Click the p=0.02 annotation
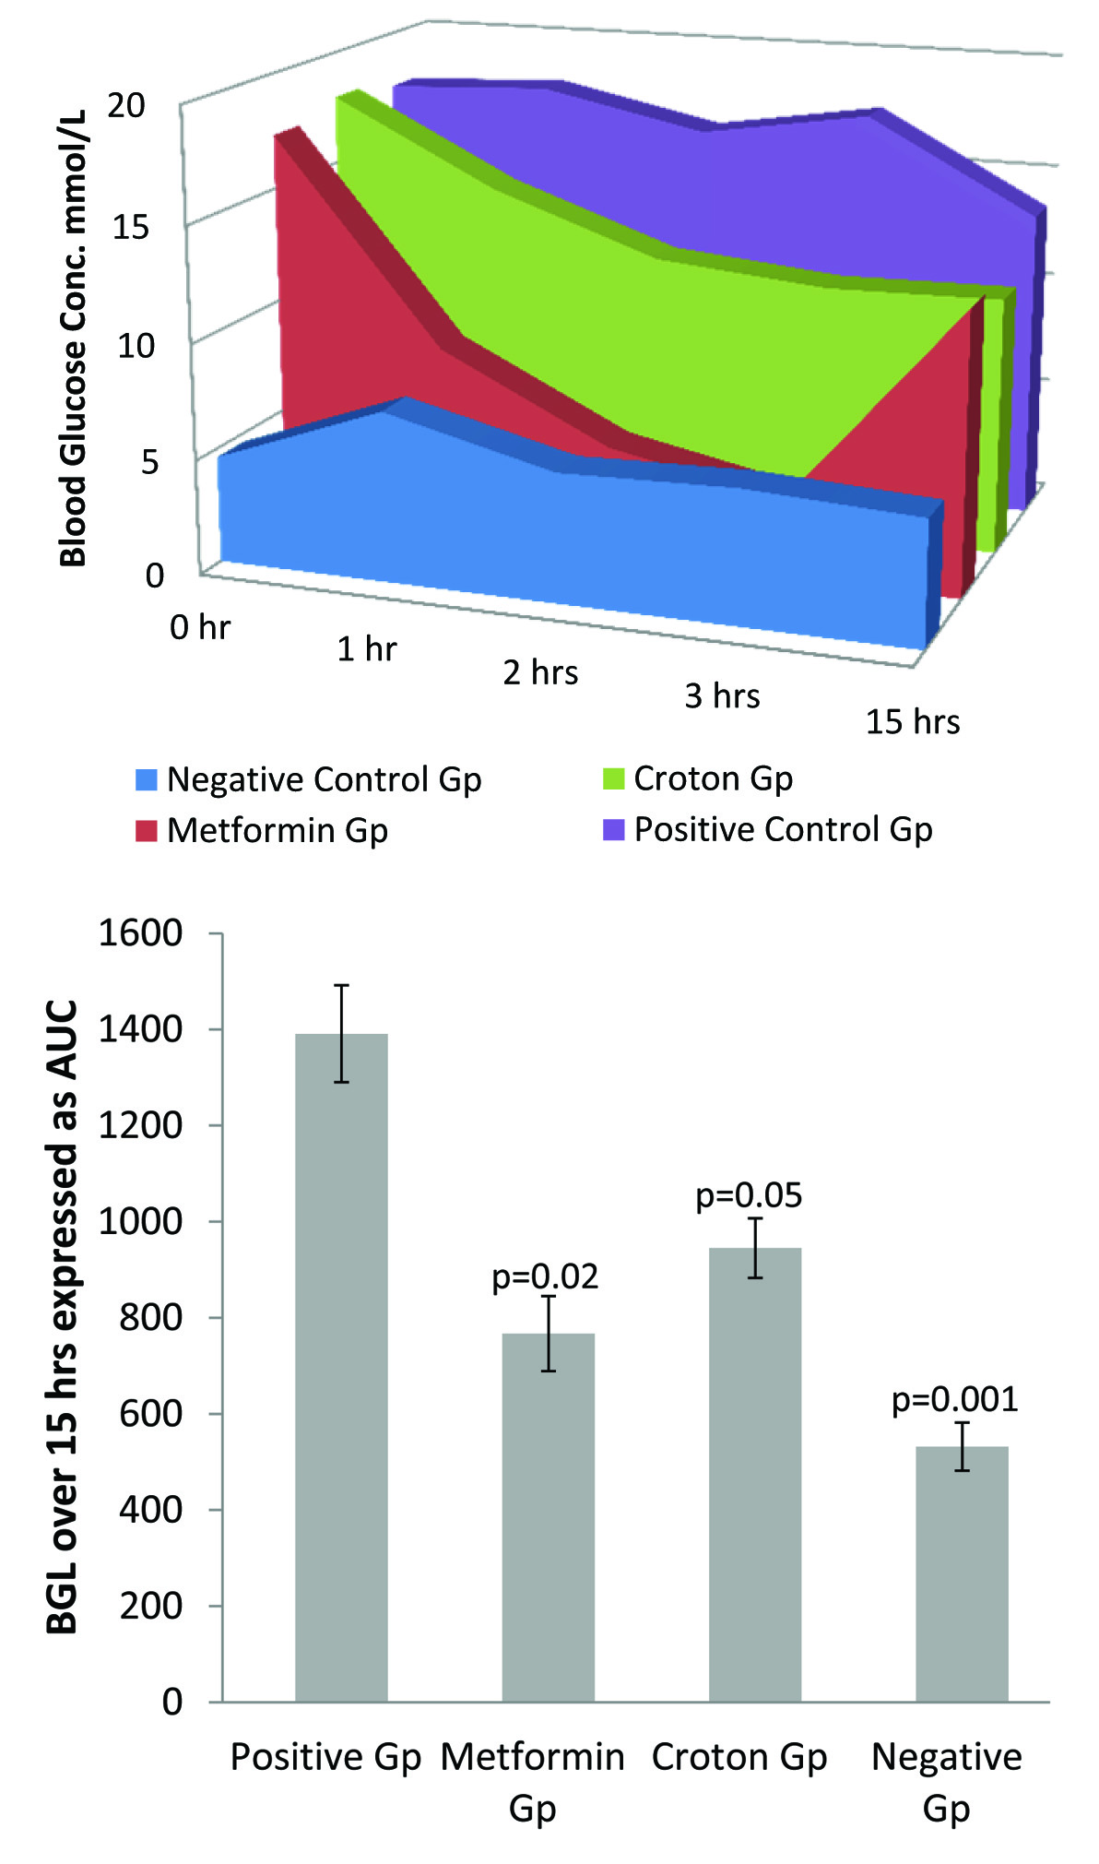[x=545, y=1276]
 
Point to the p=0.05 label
[x=749, y=1195]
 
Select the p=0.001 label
[x=954, y=1399]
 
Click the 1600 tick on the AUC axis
[x=140, y=932]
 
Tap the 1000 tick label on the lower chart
[x=140, y=1221]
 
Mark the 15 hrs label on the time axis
[x=912, y=721]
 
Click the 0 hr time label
[x=199, y=627]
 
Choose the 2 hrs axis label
[x=540, y=672]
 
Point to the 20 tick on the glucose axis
[x=126, y=106]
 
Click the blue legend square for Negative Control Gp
[x=147, y=779]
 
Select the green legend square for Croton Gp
[x=613, y=778]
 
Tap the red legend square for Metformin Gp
[x=147, y=830]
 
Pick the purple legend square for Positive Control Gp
[x=613, y=829]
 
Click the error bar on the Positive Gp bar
[x=341, y=1033]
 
